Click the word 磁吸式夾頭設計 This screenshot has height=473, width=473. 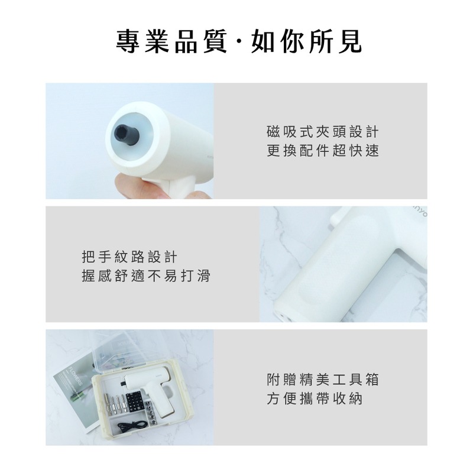[322, 131]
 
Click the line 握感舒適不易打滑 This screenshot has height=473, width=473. [145, 276]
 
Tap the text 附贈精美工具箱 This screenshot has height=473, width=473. [322, 379]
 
